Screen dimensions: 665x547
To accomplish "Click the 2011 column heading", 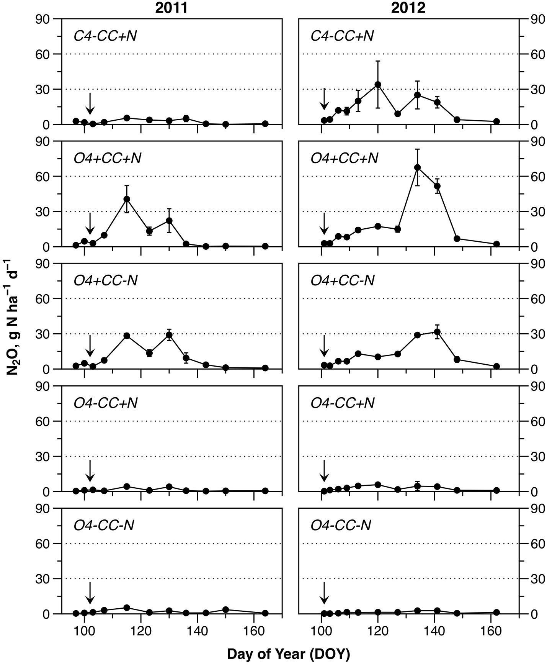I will click(x=171, y=8).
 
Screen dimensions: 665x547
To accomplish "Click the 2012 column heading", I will click(x=408, y=8).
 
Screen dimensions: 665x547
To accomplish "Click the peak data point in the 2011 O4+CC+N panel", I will click(x=127, y=199).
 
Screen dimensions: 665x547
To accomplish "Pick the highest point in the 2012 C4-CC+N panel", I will click(x=378, y=84).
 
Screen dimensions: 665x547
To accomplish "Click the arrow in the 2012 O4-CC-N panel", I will click(x=324, y=593).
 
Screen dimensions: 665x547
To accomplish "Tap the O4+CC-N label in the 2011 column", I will click(x=105, y=280).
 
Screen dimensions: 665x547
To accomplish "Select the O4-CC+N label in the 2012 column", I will click(x=342, y=403).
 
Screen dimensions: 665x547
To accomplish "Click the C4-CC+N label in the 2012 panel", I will click(x=342, y=36).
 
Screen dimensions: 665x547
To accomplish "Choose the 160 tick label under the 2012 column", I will click(x=491, y=629).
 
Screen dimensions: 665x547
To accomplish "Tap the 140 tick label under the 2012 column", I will click(x=434, y=629).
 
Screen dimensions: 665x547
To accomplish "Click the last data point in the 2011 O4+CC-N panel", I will click(x=265, y=368).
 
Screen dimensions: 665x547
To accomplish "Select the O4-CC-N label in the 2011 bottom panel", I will click(x=104, y=525).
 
